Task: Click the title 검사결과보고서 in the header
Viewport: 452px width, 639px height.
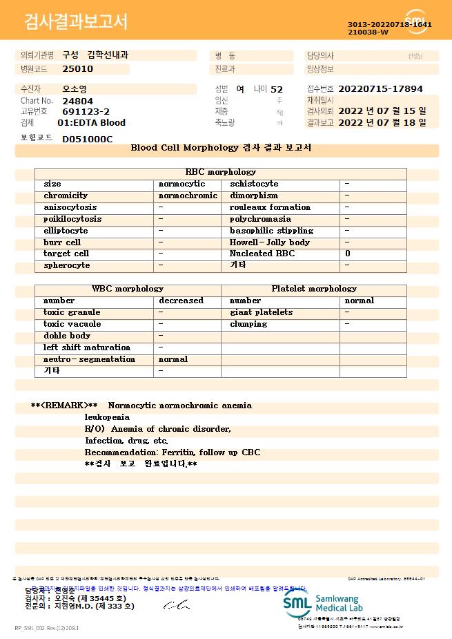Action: click(76, 22)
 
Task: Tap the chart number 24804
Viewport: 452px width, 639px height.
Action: click(77, 101)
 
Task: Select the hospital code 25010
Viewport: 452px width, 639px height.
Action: click(77, 69)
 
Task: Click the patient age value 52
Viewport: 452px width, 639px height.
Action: click(277, 89)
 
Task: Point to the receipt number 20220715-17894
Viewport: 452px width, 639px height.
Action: click(380, 89)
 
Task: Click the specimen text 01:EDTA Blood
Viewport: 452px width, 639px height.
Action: click(91, 122)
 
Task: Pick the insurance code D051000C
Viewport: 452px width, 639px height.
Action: click(87, 139)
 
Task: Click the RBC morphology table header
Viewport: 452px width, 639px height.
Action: click(221, 172)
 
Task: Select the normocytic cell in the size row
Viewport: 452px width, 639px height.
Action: click(181, 184)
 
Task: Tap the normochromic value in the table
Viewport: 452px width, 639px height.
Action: click(188, 195)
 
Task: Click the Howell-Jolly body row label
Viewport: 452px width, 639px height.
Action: click(269, 242)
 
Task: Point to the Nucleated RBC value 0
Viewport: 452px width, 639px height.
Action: click(348, 254)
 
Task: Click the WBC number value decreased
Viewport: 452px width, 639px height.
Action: click(181, 301)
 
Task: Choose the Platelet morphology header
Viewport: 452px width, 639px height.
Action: click(314, 289)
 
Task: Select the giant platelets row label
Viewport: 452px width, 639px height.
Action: click(261, 312)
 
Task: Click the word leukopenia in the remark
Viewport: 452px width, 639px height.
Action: click(107, 417)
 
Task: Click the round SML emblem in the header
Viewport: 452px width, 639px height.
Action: click(415, 21)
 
